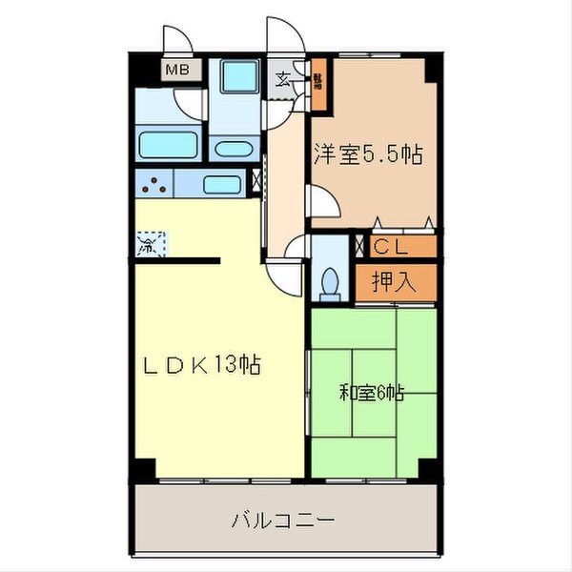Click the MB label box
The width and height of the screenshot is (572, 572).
point(176,70)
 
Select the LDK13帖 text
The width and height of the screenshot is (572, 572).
point(203,364)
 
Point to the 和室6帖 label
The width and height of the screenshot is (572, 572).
point(371,392)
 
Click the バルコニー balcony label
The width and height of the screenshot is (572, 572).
point(282,521)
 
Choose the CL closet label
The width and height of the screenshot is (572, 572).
point(392,247)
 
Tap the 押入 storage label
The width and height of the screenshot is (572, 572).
point(392,281)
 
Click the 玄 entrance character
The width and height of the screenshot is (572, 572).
point(284,79)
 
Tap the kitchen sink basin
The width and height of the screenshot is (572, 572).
point(222,184)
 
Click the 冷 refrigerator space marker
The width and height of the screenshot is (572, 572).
point(150,245)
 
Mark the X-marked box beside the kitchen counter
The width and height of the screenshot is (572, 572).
point(255,180)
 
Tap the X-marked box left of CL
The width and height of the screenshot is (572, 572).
point(359,246)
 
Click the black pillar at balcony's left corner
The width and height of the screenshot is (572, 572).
point(143,470)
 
